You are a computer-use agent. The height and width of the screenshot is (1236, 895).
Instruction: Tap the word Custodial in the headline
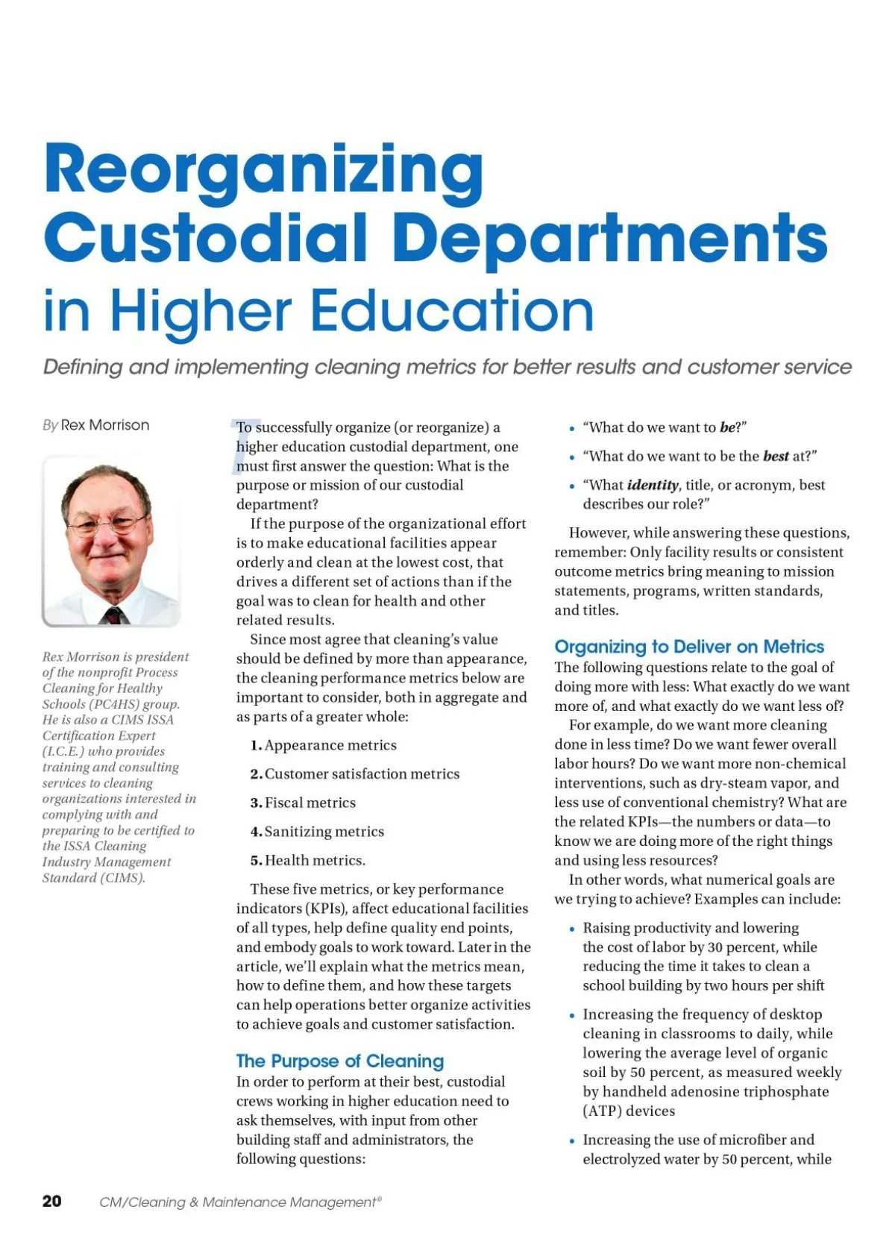(x=205, y=237)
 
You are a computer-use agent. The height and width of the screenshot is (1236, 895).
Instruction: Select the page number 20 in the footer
(x=52, y=1201)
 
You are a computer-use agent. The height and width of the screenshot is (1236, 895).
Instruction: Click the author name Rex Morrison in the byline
(x=105, y=425)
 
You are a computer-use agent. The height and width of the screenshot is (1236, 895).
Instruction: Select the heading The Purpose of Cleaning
(x=339, y=1061)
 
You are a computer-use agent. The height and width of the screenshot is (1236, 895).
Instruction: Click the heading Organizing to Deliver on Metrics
(x=689, y=647)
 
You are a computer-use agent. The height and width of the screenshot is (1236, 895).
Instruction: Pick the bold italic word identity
(x=653, y=485)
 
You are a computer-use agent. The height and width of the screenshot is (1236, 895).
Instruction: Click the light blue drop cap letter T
(x=240, y=446)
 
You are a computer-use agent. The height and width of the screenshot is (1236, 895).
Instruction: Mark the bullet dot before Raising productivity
(x=572, y=929)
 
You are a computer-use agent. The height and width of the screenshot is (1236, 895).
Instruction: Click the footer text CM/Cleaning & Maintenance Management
(x=240, y=1202)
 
